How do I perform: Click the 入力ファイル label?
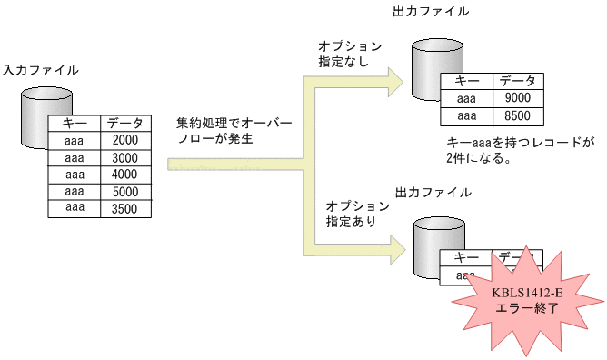pyautogui.click(x=40, y=70)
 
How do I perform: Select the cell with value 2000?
pyautogui.click(x=125, y=140)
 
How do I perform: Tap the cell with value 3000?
pyautogui.click(x=125, y=157)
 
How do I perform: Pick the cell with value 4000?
pyautogui.click(x=125, y=175)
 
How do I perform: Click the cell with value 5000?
pyautogui.click(x=125, y=192)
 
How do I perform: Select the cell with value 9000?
pyautogui.click(x=518, y=98)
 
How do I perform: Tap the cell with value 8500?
pyautogui.click(x=518, y=115)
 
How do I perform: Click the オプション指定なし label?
pyautogui.click(x=350, y=54)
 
